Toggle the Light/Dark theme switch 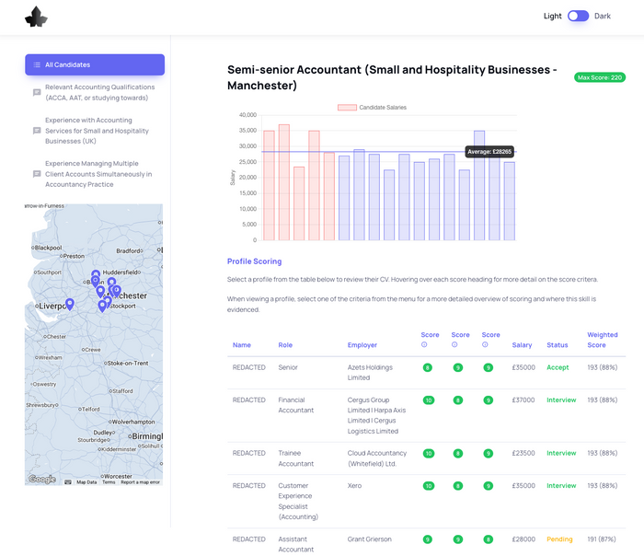tap(578, 16)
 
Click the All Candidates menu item tap(95, 64)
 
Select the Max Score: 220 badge tap(599, 77)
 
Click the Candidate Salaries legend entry tap(372, 108)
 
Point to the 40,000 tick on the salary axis tap(247, 115)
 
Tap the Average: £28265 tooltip tap(489, 152)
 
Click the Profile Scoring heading tap(254, 261)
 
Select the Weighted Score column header tap(603, 340)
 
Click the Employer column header tap(362, 345)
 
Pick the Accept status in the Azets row tap(558, 367)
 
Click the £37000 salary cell tap(523, 400)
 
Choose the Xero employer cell tap(356, 485)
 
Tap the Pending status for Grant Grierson tap(559, 539)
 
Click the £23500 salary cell tap(523, 453)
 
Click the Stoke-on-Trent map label tap(127, 364)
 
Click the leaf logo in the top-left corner tap(36, 17)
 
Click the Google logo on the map tap(41, 479)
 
